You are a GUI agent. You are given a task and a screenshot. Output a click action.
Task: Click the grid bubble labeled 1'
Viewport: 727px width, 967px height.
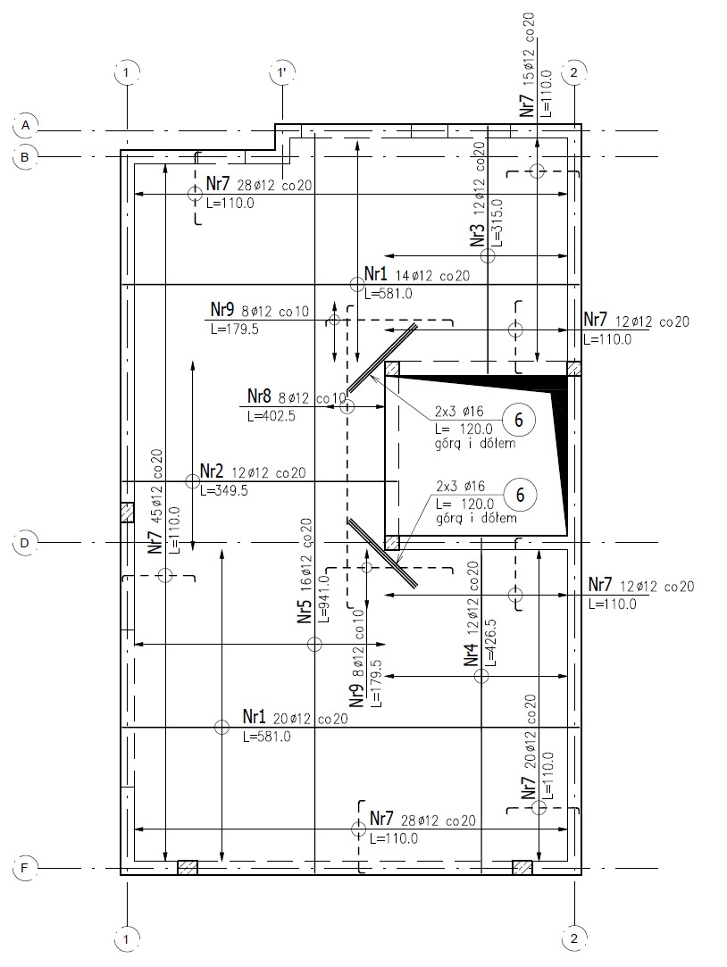tap(282, 73)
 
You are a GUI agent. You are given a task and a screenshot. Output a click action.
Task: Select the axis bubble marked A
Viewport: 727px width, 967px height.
tap(25, 125)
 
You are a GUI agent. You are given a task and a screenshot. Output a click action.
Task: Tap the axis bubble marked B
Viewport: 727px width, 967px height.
tap(25, 157)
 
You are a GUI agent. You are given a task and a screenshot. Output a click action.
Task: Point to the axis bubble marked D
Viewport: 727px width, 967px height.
tap(25, 543)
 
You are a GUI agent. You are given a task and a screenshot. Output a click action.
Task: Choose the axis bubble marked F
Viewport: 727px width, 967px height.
tap(25, 868)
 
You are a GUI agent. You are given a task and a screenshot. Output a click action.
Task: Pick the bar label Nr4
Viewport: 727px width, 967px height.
tap(471, 655)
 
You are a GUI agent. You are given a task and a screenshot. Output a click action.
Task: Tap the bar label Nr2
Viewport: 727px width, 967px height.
tap(212, 472)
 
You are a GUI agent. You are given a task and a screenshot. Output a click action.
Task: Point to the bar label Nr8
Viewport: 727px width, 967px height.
tap(259, 396)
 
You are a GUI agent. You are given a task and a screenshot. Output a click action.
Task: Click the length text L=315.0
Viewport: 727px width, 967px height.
tap(497, 222)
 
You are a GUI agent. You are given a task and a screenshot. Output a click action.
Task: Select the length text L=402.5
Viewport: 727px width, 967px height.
tap(272, 416)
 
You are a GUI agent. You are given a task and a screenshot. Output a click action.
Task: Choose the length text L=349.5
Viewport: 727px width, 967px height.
tap(224, 491)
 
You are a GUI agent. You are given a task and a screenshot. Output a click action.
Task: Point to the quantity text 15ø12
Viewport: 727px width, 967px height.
tap(529, 67)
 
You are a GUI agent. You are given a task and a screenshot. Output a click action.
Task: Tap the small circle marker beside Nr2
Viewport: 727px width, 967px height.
tap(192, 481)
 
